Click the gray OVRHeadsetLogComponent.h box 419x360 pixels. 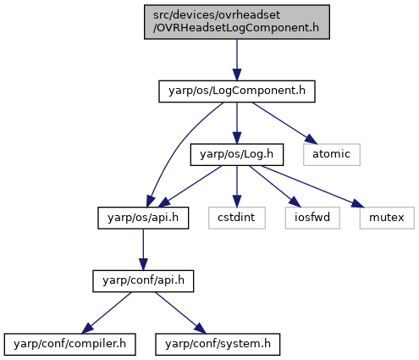(237, 22)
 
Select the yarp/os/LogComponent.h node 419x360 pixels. (237, 91)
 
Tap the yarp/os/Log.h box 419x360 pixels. (237, 154)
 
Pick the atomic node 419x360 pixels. (332, 154)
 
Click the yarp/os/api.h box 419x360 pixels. (143, 218)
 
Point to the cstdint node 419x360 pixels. (237, 218)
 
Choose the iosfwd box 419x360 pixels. (312, 218)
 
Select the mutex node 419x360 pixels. (387, 218)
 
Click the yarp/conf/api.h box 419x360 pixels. (143, 281)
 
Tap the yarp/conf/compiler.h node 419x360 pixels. (69, 344)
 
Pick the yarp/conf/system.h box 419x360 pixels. (218, 344)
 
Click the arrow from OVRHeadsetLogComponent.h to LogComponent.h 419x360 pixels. (237, 60)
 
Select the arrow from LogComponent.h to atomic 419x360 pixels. (284, 123)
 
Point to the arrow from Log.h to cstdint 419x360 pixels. (237, 186)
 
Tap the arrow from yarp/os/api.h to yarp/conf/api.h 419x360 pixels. (143, 250)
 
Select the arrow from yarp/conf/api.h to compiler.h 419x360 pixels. (107, 313)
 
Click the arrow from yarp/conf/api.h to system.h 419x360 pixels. (180, 313)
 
